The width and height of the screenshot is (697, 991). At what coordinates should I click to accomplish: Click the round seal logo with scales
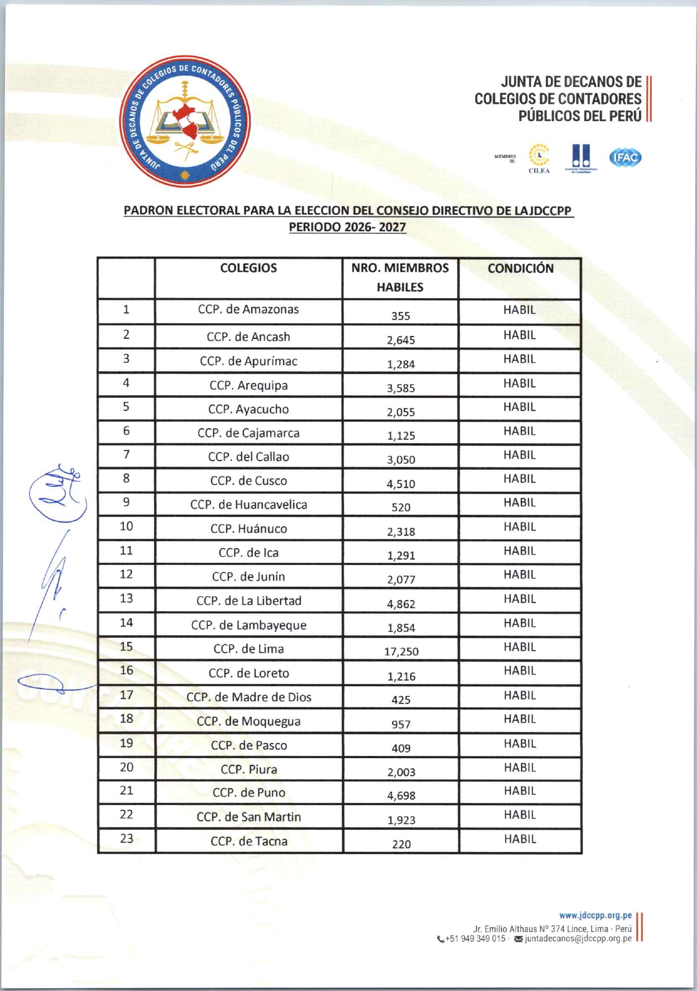pyautogui.click(x=185, y=121)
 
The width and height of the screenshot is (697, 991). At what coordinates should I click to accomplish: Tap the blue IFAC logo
pyautogui.click(x=625, y=157)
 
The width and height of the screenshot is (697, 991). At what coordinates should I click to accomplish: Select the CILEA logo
pyautogui.click(x=539, y=159)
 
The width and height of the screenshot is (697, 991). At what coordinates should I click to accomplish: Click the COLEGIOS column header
pyautogui.click(x=249, y=268)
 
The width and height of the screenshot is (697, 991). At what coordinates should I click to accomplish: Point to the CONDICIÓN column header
pyautogui.click(x=521, y=269)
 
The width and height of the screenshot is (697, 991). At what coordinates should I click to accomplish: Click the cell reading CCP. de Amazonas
pyautogui.click(x=249, y=309)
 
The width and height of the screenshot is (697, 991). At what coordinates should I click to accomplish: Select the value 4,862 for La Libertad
pyautogui.click(x=401, y=604)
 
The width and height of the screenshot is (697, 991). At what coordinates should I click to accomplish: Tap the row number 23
pyautogui.click(x=127, y=839)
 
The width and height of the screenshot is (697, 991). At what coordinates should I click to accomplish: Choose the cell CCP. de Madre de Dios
pyautogui.click(x=249, y=697)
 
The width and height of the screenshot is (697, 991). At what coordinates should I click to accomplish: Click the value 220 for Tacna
pyautogui.click(x=401, y=844)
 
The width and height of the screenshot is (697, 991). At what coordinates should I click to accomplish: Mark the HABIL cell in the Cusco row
pyautogui.click(x=519, y=479)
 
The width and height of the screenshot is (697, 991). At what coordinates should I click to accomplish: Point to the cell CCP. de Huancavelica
pyautogui.click(x=249, y=505)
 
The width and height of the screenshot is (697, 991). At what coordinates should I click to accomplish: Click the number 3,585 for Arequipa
pyautogui.click(x=401, y=388)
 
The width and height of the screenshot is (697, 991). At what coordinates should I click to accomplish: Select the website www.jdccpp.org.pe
pyautogui.click(x=595, y=916)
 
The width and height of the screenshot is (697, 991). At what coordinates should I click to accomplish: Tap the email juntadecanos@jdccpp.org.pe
pyautogui.click(x=578, y=939)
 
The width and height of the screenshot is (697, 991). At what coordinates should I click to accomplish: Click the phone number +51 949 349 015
pyautogui.click(x=475, y=939)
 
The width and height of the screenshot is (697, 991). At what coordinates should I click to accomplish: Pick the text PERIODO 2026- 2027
pyautogui.click(x=347, y=227)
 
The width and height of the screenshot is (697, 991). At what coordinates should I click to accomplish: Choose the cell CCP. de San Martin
pyautogui.click(x=249, y=817)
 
